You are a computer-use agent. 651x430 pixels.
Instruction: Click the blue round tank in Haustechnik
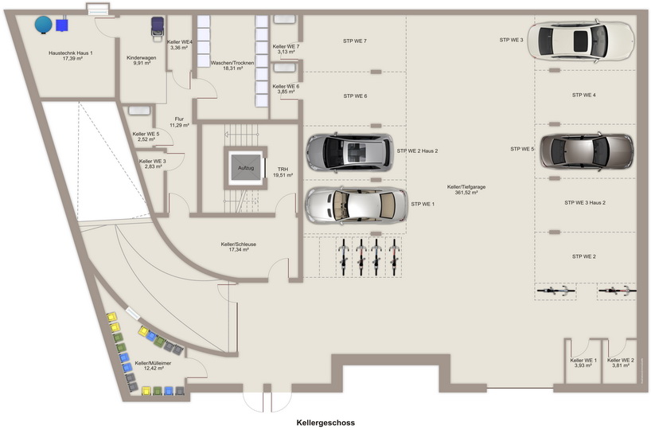coord(44,25)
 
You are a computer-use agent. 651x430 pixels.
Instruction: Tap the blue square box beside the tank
coord(62,25)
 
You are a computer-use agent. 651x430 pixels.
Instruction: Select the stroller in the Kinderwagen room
coord(158,28)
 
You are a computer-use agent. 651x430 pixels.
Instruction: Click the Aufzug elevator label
coord(246,168)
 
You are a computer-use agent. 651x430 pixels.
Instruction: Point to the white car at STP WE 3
coord(581,41)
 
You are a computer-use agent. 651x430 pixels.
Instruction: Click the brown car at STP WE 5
coord(587,151)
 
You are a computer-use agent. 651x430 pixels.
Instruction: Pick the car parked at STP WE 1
coord(357,205)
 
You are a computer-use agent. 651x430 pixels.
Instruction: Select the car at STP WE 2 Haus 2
coord(349,152)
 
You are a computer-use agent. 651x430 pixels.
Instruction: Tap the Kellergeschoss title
coord(325,423)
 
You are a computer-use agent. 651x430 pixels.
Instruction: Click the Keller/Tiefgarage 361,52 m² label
coord(466,190)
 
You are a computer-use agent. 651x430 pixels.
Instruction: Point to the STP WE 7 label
coord(355,41)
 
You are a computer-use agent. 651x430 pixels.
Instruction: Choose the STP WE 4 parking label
coord(583,95)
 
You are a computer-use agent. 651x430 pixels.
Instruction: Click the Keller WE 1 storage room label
coord(583,362)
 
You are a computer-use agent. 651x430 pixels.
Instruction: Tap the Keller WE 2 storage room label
coord(620,362)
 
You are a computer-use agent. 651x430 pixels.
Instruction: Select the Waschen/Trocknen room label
coord(232,65)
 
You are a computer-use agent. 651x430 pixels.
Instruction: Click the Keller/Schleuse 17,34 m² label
coord(238,247)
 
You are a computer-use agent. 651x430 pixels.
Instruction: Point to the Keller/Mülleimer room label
coord(154,365)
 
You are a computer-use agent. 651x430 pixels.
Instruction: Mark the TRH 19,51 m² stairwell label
coord(283,172)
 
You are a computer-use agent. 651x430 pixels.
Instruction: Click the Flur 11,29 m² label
coord(179,122)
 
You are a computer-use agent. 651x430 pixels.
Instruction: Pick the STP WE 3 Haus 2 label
coord(585,203)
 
